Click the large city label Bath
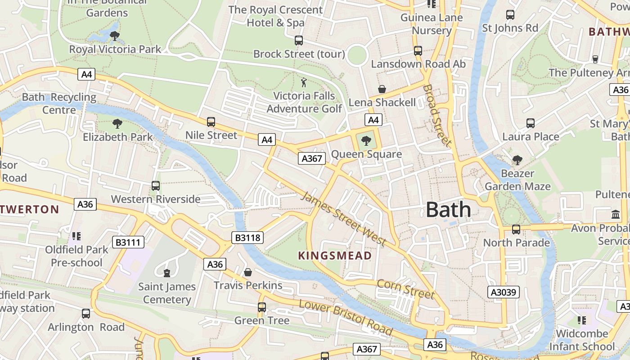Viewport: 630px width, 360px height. click(448, 210)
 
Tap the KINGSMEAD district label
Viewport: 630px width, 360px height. click(335, 256)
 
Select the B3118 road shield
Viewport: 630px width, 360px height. click(248, 237)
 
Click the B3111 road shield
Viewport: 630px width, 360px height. click(129, 243)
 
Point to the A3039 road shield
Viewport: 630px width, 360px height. click(504, 292)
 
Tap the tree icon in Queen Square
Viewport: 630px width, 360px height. click(366, 140)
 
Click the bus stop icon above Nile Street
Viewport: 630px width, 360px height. click(211, 122)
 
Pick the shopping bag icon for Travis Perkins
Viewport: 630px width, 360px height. click(247, 272)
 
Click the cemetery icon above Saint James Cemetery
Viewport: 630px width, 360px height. click(167, 273)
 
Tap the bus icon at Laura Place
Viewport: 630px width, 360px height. click(531, 123)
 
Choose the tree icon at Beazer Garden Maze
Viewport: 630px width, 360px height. click(517, 160)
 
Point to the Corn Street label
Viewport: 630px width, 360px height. click(406, 289)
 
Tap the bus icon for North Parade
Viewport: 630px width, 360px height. click(516, 229)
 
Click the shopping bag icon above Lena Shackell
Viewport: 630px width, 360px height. click(382, 89)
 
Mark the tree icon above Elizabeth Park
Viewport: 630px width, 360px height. click(117, 123)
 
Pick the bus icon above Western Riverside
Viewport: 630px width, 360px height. click(156, 185)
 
